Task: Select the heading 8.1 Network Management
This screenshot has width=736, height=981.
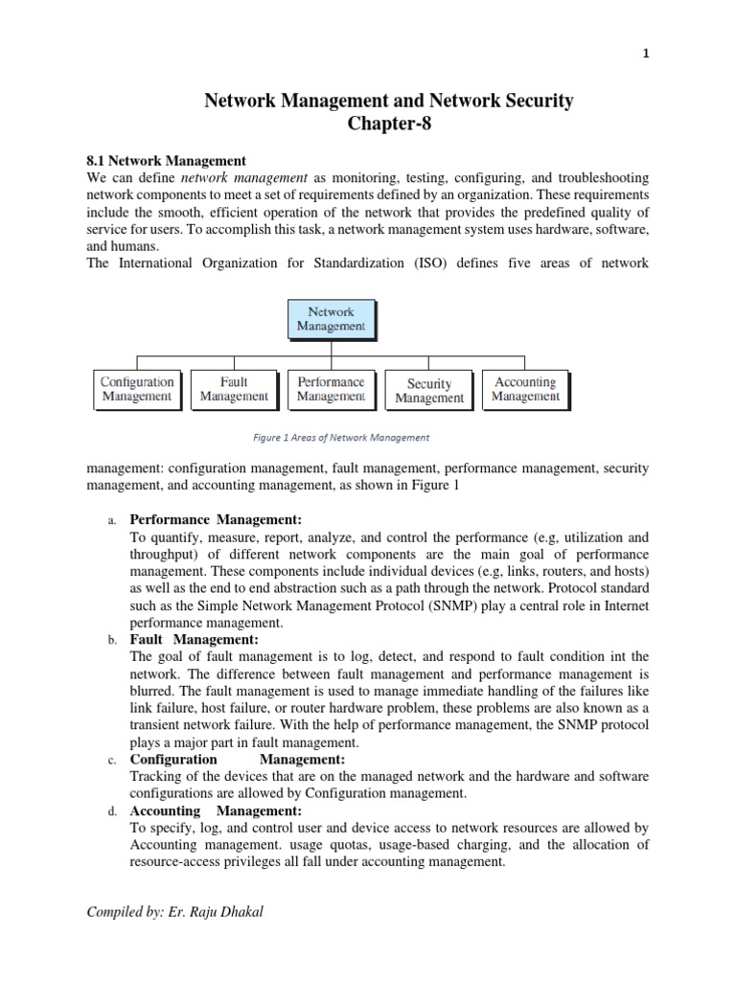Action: click(167, 161)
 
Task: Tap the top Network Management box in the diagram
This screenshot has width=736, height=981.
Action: click(331, 318)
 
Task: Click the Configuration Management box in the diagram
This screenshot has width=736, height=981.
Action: click(137, 389)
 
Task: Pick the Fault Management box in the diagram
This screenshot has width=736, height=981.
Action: click(234, 389)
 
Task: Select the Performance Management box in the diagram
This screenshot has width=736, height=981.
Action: click(331, 389)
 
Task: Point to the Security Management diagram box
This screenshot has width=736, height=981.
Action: click(428, 391)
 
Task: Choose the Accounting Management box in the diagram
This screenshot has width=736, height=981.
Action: click(524, 389)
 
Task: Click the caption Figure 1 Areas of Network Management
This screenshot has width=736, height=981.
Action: click(341, 438)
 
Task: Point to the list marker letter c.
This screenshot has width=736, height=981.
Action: click(112, 760)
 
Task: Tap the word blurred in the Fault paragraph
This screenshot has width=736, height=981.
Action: click(153, 673)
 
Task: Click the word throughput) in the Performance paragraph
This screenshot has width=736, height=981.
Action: click(170, 555)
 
